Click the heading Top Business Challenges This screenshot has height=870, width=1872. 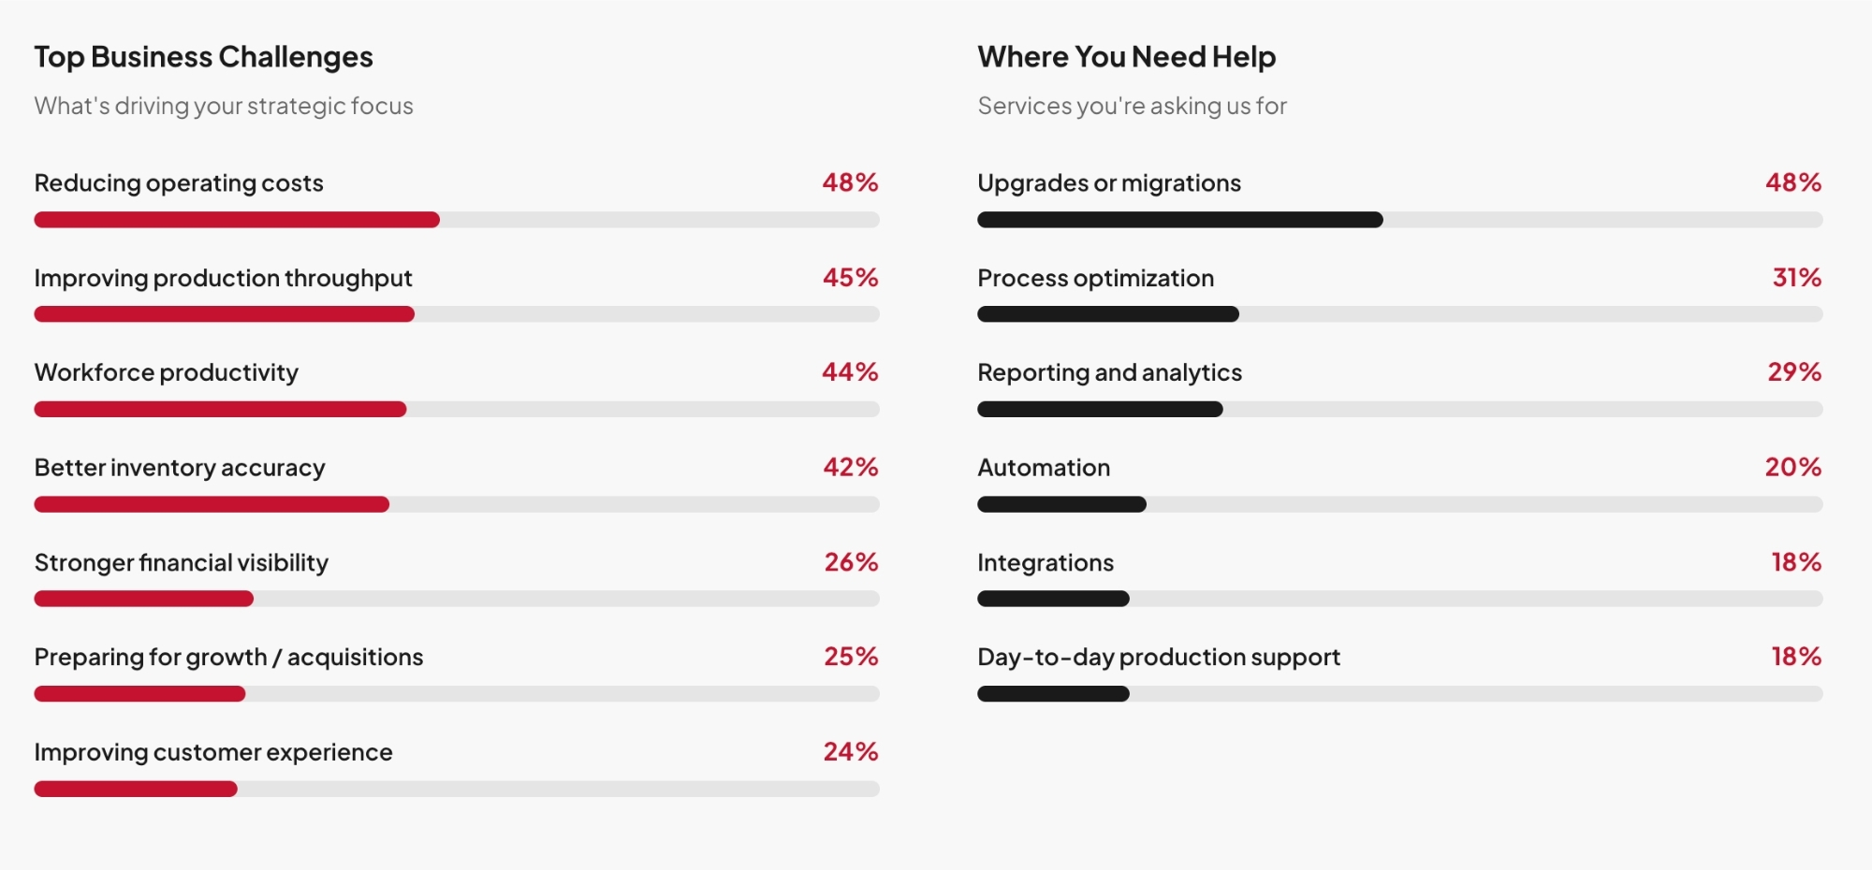[203, 57]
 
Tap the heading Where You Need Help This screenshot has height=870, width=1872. [1126, 57]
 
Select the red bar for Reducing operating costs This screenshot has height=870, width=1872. [237, 220]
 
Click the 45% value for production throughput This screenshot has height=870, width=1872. [850, 278]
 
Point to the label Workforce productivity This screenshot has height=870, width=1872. [167, 372]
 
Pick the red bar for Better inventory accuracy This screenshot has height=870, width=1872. [212, 504]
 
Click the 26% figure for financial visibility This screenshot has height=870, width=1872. [851, 562]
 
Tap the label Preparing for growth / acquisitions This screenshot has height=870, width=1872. [228, 657]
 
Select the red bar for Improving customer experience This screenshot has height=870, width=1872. [136, 789]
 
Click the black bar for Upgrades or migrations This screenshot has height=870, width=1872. [1179, 220]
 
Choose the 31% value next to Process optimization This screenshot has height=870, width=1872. [1796, 278]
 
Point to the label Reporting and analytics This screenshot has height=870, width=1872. [1109, 372]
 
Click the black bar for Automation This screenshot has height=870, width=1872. [1061, 504]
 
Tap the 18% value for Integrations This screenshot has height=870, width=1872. [1795, 562]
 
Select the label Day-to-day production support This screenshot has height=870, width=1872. [1159, 657]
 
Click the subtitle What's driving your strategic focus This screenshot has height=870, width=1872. [224, 106]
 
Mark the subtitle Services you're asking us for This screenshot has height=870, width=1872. [1132, 106]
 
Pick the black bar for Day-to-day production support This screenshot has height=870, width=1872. [1053, 694]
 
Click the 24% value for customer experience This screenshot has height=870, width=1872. [850, 752]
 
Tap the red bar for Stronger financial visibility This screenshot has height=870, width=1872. [143, 599]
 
